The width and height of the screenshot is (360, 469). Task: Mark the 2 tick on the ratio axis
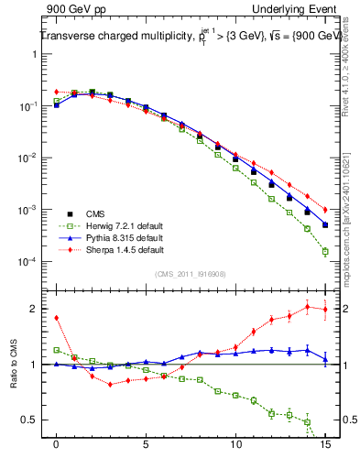[39, 309]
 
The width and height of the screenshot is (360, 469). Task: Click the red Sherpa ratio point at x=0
[57, 318]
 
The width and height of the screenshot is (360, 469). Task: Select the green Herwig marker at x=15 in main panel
[325, 251]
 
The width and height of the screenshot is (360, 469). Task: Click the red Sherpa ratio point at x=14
[307, 307]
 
